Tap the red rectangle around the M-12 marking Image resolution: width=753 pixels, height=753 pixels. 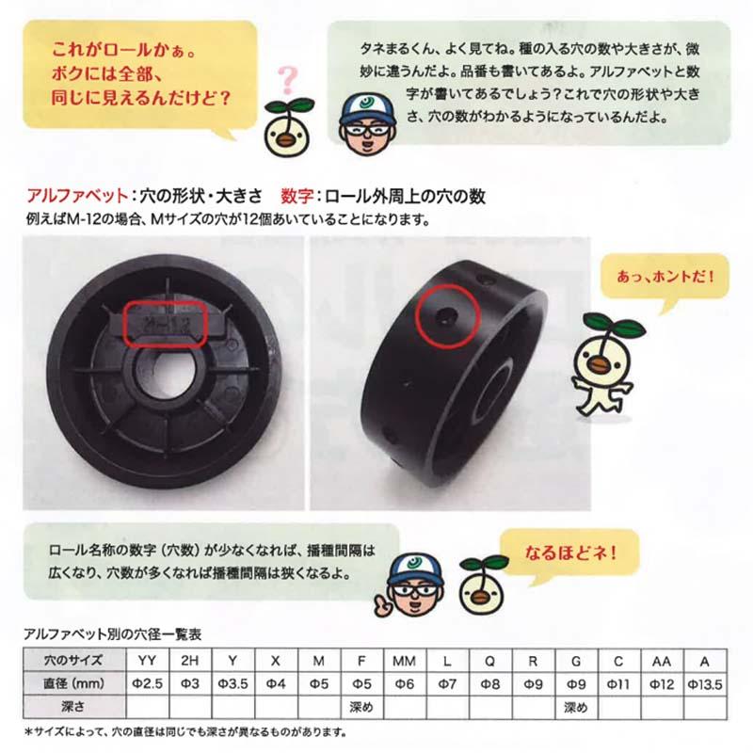(x=165, y=324)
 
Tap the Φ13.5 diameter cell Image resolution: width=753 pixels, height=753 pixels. (x=707, y=682)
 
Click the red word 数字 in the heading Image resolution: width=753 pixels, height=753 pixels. (x=296, y=199)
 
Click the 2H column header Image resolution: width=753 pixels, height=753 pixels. (x=188, y=660)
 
